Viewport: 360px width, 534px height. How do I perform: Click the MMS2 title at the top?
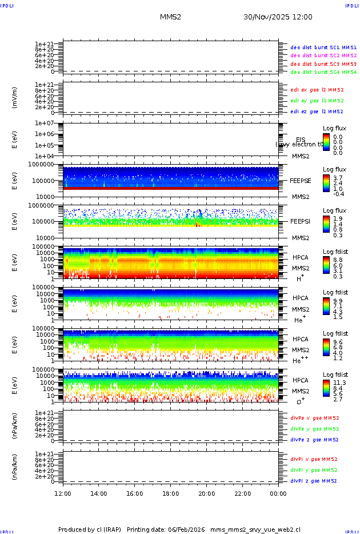(170, 17)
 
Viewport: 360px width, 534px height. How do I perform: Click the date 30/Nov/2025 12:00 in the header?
(278, 17)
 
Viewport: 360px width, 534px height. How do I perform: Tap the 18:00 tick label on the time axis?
(171, 493)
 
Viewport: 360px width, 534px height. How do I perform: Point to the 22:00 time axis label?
(242, 493)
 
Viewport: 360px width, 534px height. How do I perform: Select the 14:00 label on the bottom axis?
(99, 493)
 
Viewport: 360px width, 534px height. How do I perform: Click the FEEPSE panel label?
(301, 181)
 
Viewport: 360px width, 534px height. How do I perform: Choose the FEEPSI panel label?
(301, 221)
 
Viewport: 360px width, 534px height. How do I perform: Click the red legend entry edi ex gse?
(317, 90)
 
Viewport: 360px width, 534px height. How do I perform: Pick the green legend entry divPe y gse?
(314, 429)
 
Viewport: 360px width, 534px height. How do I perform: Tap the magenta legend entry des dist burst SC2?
(323, 55)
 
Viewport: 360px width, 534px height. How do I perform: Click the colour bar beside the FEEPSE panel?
(326, 184)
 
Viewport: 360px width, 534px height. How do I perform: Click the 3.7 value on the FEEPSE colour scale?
(337, 178)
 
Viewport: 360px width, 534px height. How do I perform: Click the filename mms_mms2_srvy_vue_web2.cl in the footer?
(255, 529)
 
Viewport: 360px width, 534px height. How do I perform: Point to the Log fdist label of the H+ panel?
(335, 252)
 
